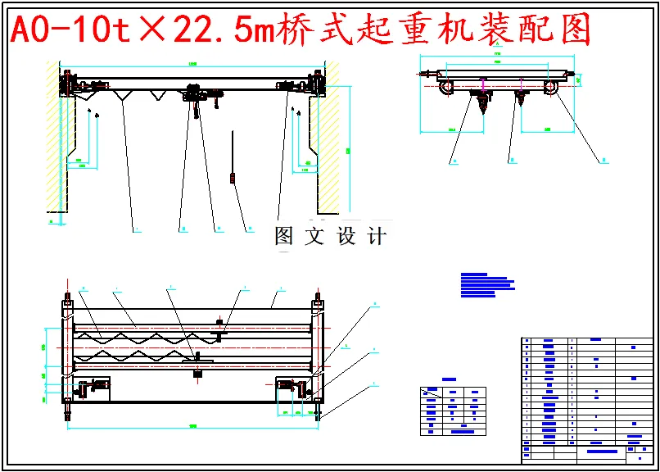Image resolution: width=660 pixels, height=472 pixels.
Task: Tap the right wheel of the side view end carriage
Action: [x=553, y=88]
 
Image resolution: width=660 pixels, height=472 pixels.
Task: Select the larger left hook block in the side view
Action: [x=481, y=103]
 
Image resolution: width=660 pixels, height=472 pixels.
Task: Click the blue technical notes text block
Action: [x=486, y=284]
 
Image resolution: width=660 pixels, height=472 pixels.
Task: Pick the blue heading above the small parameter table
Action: [x=449, y=379]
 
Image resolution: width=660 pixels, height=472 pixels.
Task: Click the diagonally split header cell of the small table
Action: [x=431, y=393]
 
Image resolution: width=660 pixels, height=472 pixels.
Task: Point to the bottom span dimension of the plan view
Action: [x=192, y=427]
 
